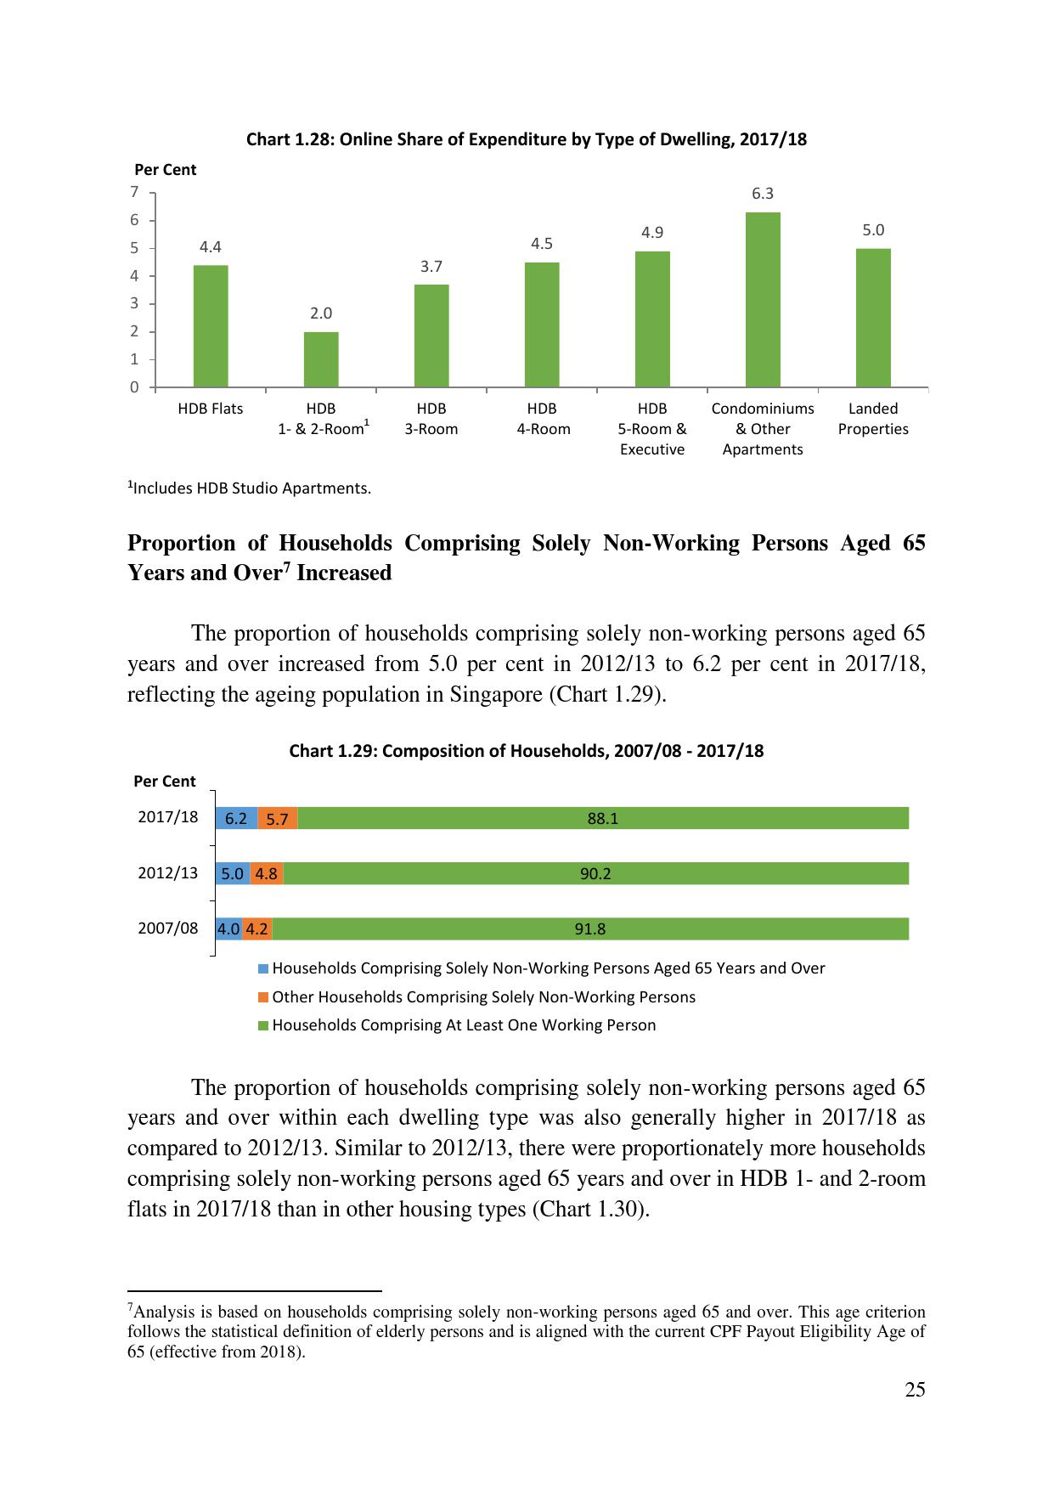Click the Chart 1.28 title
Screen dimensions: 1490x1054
[x=526, y=139]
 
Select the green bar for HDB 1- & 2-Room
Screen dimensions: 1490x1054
[x=321, y=358]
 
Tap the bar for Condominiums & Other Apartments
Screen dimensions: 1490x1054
[x=763, y=299]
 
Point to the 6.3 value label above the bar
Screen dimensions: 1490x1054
[x=763, y=194]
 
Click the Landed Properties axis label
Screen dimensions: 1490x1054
[x=873, y=419]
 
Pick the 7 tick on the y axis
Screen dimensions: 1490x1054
[x=134, y=192]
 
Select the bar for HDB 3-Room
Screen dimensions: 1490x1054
[x=431, y=336]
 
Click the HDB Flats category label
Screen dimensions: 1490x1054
[x=211, y=409]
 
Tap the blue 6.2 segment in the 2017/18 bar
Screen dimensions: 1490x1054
[x=236, y=818]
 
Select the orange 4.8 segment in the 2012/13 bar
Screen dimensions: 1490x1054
[x=267, y=873]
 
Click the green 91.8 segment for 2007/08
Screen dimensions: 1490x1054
[x=590, y=928]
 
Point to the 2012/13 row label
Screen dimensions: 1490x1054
[x=168, y=872]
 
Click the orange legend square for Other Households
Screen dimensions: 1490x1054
[x=263, y=996]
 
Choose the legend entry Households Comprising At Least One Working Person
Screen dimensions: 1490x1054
[x=464, y=1025]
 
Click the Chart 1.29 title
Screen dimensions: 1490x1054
[x=526, y=751]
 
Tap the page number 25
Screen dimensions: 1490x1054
[x=915, y=1390]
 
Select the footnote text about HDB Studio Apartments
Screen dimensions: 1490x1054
[x=249, y=488]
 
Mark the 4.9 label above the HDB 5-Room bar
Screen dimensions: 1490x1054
[x=652, y=233]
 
